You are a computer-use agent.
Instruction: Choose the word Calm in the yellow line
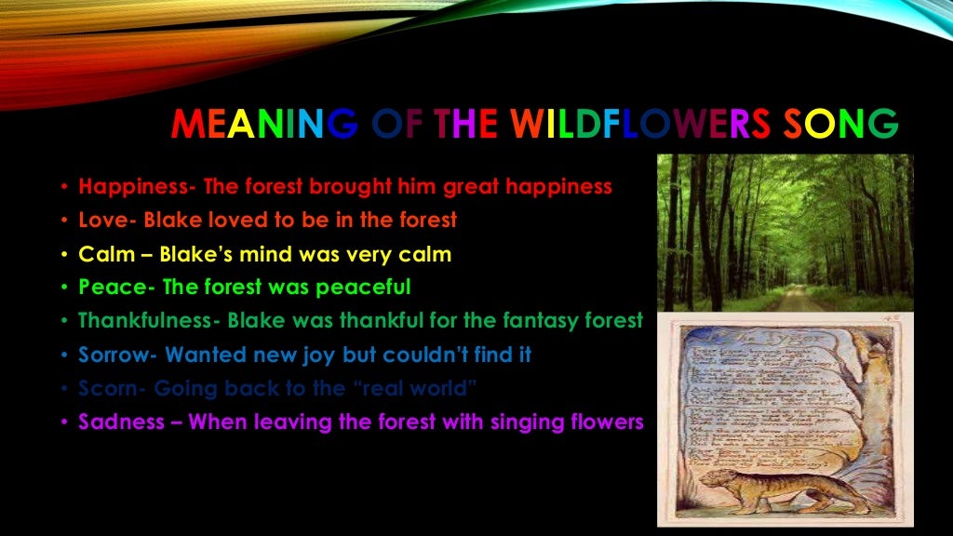[107, 254]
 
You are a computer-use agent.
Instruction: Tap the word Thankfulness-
[149, 321]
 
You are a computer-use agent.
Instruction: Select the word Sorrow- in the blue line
[118, 355]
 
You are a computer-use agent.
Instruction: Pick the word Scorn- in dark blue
[113, 388]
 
